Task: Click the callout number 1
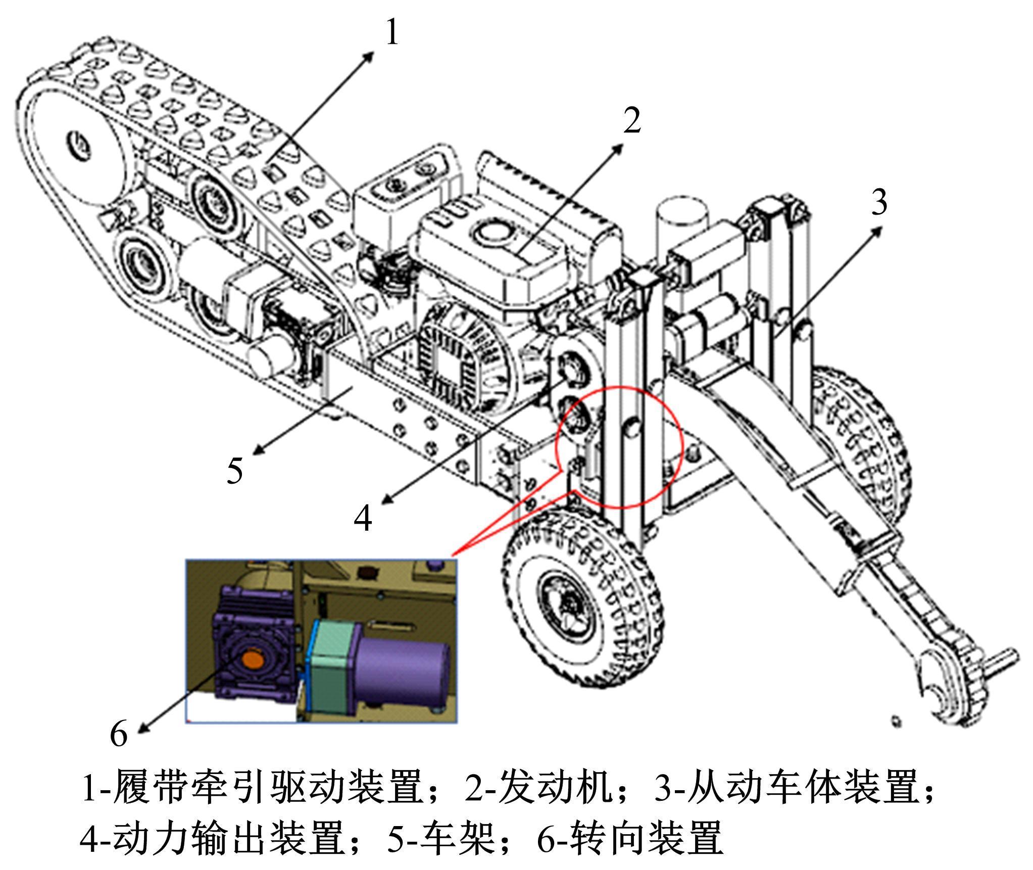(x=392, y=32)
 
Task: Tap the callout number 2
(x=631, y=120)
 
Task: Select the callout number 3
(x=879, y=202)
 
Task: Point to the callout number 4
(x=363, y=518)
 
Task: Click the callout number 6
(x=119, y=733)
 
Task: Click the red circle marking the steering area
(x=620, y=446)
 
